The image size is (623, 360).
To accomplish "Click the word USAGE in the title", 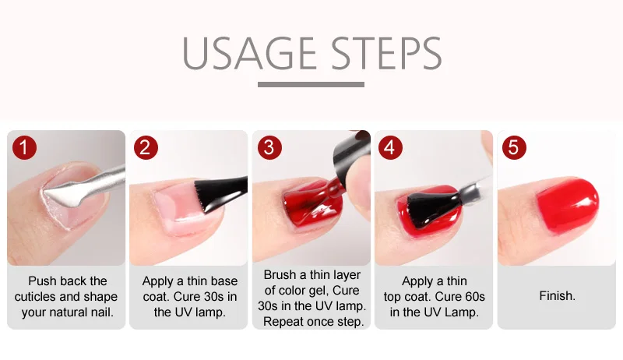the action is pos(249,53).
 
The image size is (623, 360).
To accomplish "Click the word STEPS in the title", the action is pos(386,53).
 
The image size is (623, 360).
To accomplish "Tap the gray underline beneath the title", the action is pos(311,85).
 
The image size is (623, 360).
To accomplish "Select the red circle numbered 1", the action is pos(24,147).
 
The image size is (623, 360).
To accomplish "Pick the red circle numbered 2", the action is pos(146,147).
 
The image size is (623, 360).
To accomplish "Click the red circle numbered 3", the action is pos(269,147).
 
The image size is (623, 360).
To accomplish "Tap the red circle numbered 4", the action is pos(390,147).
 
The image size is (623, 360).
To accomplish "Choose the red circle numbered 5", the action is pos(514,147).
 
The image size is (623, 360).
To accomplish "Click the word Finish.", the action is pos(557,296).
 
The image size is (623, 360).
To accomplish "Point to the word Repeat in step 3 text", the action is pos(283,322).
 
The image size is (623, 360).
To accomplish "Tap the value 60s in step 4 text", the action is pos(474,297).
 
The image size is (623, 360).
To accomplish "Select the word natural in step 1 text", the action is pos(69,312).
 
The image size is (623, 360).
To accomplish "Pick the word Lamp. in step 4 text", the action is pos(462,312).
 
